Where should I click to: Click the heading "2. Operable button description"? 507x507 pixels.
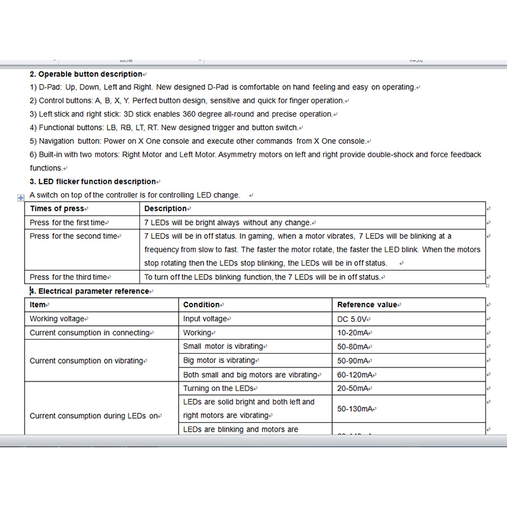86,74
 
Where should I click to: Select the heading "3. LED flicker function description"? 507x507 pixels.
93,182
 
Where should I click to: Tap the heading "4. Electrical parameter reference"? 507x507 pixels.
90,292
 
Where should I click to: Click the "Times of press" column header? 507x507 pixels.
56,209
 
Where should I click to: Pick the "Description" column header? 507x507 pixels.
165,209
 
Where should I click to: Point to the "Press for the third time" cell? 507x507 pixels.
68,277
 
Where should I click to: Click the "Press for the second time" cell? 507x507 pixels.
74,236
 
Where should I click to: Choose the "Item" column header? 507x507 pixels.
38,305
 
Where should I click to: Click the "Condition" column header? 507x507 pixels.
202,305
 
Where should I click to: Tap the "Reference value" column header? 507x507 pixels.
367,305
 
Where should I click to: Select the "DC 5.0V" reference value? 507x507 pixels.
352,319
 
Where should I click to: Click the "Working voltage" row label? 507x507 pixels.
57,319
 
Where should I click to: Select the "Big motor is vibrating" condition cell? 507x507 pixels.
219,361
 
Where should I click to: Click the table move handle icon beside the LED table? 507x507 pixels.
20,198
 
